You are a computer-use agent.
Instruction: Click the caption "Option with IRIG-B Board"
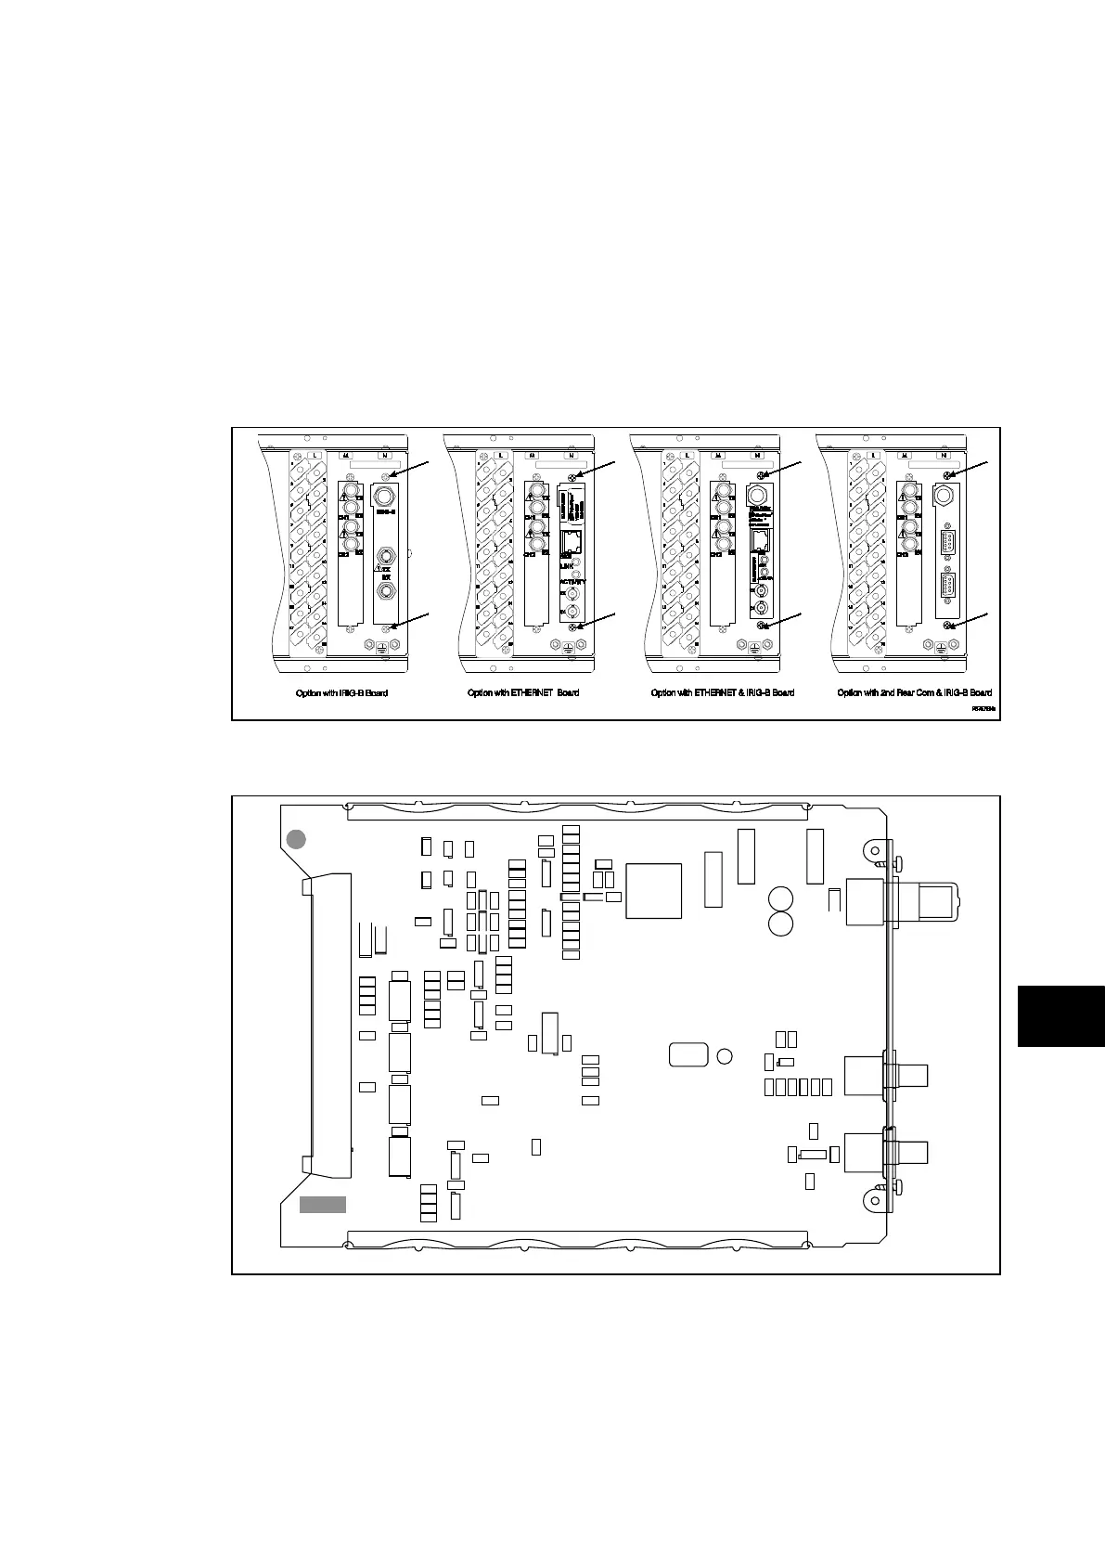pos(335,692)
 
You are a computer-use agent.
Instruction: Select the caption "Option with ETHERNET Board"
pos(523,692)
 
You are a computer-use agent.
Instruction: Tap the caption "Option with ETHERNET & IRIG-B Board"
pos(723,692)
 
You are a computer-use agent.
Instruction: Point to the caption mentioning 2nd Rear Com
pos(914,692)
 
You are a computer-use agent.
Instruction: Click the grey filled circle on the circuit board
pos(295,839)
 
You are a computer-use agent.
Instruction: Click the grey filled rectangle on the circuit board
pos(322,1205)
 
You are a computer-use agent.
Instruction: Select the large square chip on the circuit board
pos(654,891)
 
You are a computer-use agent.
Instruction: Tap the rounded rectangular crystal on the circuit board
pos(688,1054)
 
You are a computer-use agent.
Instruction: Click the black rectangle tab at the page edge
pos(1060,1016)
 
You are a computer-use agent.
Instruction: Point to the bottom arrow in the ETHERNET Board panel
pos(598,620)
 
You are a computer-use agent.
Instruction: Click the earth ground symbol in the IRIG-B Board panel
pos(381,652)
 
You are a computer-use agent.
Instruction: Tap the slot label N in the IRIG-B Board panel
pos(385,455)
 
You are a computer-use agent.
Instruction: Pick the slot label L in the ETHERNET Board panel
pos(501,455)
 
